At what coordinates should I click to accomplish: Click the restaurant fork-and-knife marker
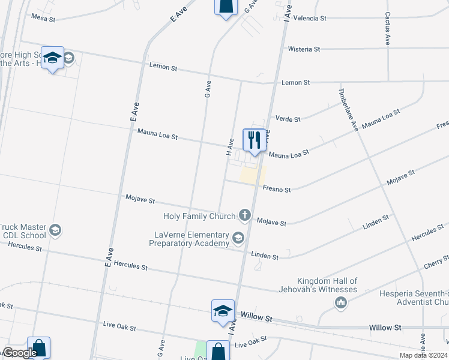click(x=255, y=140)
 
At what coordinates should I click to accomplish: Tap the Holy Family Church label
click(x=200, y=216)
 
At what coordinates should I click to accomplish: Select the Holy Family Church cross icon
click(x=244, y=214)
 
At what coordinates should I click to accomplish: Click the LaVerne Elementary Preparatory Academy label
click(x=189, y=239)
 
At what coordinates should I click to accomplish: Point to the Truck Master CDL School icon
click(x=55, y=230)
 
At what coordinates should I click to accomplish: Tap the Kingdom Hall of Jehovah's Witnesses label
click(x=327, y=285)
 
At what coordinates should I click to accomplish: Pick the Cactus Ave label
click(x=388, y=29)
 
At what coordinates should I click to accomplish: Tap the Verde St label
click(x=288, y=119)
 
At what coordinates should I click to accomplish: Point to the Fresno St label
click(x=277, y=190)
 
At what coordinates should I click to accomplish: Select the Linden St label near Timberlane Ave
click(x=376, y=223)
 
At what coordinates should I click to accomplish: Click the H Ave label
click(x=230, y=144)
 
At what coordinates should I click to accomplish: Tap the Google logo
click(x=19, y=353)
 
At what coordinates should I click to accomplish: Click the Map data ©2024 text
click(x=423, y=355)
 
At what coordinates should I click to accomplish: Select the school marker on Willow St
click(x=223, y=310)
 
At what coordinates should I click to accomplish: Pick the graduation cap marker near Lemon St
click(x=52, y=58)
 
